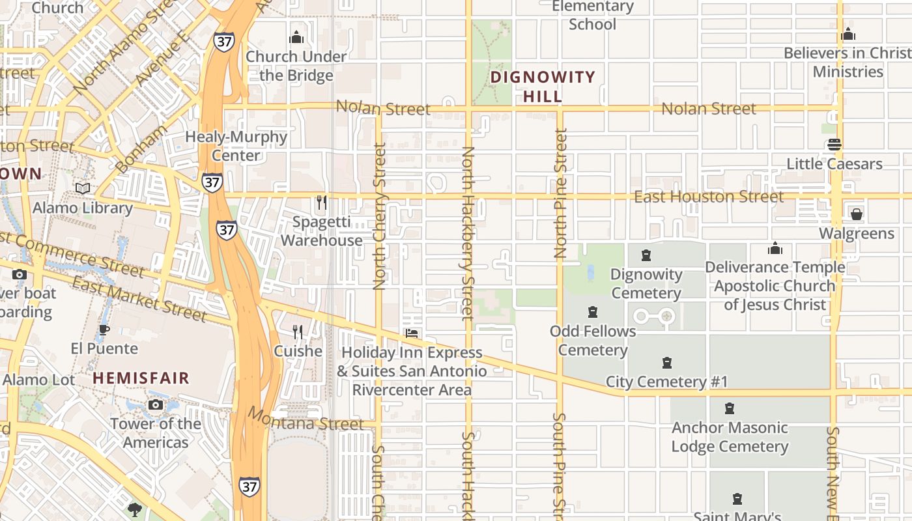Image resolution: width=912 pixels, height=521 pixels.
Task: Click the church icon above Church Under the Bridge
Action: point(296,37)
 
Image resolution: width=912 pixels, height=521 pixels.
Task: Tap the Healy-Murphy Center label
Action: point(236,146)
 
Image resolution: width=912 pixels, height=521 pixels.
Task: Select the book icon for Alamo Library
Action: point(83,189)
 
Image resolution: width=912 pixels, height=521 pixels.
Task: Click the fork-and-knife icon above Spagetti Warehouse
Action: point(321,202)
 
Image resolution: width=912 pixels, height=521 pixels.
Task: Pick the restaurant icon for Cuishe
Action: point(298,332)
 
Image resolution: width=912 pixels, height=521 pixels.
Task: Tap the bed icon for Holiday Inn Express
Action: point(412,333)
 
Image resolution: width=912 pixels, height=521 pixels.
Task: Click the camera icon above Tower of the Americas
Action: point(155,405)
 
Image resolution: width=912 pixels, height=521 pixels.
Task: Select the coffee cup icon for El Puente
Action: point(104,330)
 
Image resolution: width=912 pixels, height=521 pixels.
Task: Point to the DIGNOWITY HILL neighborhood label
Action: point(543,87)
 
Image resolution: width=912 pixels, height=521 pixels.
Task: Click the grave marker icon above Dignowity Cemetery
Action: point(646,255)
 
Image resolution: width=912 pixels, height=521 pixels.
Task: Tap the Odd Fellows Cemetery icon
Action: point(593,313)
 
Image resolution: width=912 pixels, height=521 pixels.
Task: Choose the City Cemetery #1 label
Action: point(666,382)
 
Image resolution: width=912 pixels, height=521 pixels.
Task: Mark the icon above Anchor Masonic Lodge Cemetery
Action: point(730,409)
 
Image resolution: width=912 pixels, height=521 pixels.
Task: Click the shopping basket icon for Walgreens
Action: point(856,214)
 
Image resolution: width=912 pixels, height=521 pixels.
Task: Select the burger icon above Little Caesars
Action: point(834,145)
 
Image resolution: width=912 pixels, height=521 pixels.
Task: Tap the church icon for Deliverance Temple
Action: point(775,248)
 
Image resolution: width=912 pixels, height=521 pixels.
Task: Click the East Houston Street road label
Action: point(709,197)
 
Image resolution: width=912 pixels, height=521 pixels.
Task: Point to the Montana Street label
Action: point(306,419)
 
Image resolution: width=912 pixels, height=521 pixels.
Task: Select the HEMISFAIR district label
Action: point(141,378)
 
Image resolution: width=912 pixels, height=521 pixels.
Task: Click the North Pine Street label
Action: point(561,193)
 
